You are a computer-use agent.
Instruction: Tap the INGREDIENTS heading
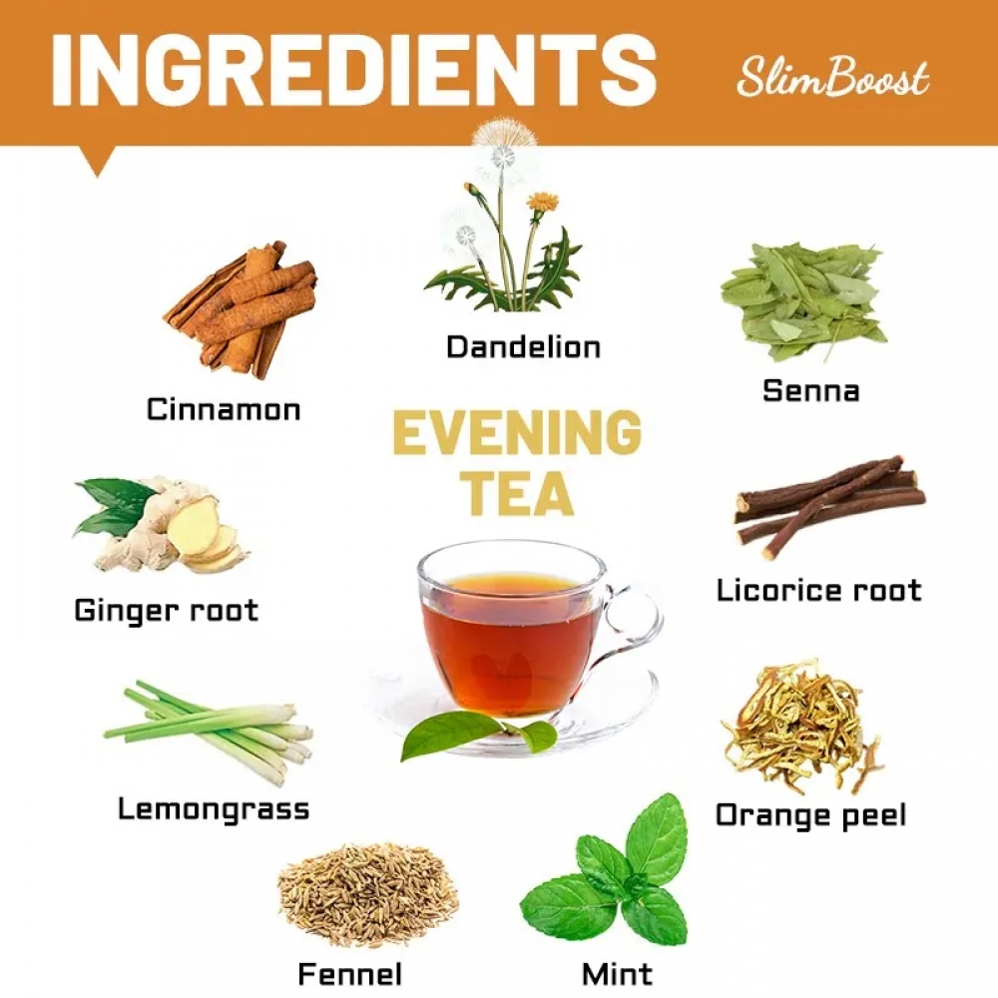[354, 70]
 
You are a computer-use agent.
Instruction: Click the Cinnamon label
[224, 409]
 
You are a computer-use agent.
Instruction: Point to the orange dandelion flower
[542, 202]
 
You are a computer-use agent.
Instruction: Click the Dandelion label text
[523, 347]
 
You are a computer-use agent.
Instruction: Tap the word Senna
[810, 390]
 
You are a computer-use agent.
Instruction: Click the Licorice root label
[819, 590]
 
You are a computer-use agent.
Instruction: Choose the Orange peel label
[810, 815]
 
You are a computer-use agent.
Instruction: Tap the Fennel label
[350, 974]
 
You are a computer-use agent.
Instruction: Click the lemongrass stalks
[209, 732]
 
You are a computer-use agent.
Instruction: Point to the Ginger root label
[167, 611]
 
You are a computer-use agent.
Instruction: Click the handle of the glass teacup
[634, 621]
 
